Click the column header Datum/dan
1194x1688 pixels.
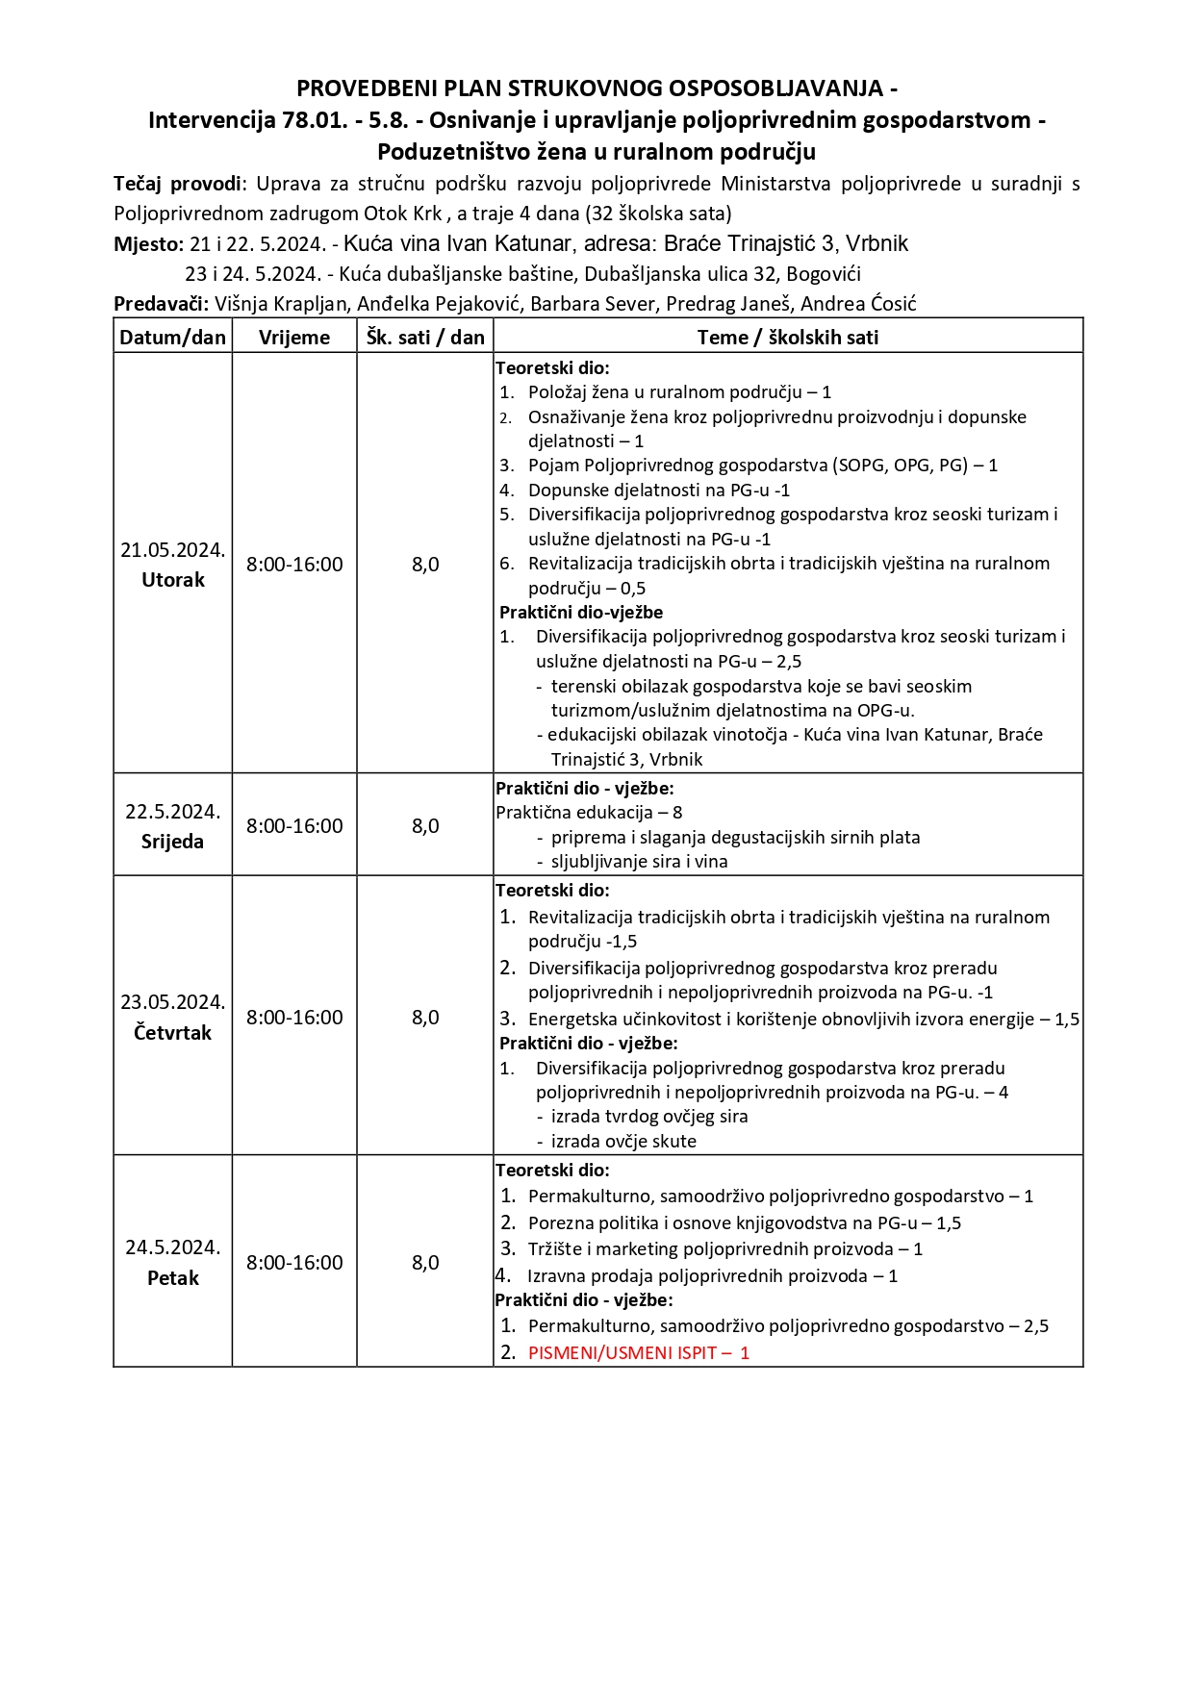click(172, 337)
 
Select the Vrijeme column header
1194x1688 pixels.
click(294, 337)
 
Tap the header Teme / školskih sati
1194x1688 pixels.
click(788, 337)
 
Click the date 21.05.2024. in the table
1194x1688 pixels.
click(172, 550)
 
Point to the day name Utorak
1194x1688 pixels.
click(173, 580)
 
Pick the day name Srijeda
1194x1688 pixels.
click(172, 842)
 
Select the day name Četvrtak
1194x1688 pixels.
click(172, 1033)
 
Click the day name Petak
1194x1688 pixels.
click(173, 1278)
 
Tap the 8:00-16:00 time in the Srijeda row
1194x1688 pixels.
click(294, 826)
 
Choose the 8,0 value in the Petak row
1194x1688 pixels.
click(425, 1263)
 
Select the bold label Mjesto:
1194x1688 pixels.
click(148, 244)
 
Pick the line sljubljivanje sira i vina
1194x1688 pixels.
click(639, 862)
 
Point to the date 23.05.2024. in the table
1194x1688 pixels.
click(172, 1002)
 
